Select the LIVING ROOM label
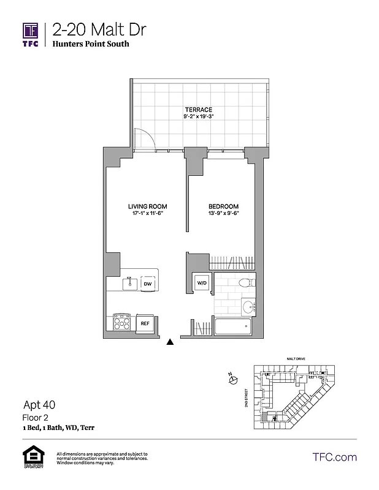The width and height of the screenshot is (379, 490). pos(147,206)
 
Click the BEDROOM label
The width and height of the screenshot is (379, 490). pos(224,206)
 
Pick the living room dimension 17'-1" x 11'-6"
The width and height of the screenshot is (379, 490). pos(147,213)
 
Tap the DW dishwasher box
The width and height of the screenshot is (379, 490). pos(148,284)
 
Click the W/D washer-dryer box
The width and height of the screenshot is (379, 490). pos(201,282)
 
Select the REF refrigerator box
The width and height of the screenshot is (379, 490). pos(145,323)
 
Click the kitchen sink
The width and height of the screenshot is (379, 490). pos(129,284)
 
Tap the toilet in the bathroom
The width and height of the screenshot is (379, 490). pos(243,282)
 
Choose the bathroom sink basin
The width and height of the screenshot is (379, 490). pos(247,307)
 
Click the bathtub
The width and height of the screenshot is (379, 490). pos(232,326)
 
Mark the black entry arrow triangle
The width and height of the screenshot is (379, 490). pos(170,343)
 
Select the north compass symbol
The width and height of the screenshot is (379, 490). pos(232,380)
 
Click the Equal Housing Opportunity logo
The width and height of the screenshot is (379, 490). pos(31,458)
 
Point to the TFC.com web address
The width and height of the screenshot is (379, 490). pos(334,457)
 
